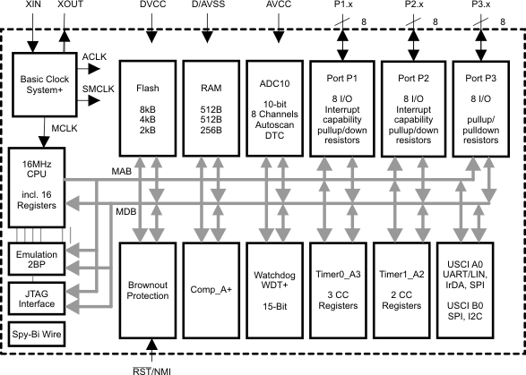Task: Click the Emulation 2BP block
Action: [x=36, y=260]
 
